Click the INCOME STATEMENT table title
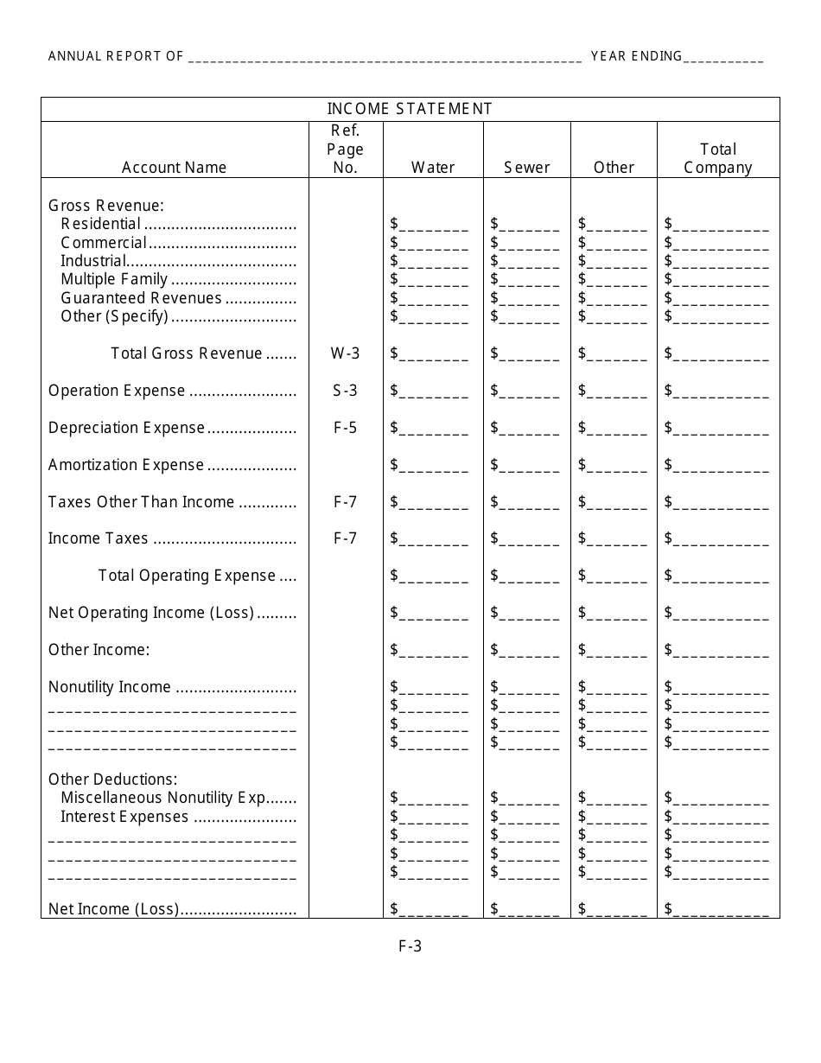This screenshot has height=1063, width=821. click(410, 109)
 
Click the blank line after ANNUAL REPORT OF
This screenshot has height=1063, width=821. click(385, 58)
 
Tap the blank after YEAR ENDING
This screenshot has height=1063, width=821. click(724, 58)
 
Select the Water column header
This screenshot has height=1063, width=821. click(433, 168)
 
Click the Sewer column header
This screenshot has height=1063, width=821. click(527, 168)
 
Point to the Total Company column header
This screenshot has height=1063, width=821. click(718, 158)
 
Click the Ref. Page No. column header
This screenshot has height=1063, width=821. click(345, 150)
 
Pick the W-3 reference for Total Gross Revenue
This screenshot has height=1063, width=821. click(345, 353)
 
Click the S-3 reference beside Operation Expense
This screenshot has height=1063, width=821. click(345, 391)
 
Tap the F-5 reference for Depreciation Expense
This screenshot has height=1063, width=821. click(345, 428)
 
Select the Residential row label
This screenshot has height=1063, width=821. click(100, 224)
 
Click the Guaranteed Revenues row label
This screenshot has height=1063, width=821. click(141, 298)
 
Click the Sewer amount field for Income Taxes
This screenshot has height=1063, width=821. click(529, 539)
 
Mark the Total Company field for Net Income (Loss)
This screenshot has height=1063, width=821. click(721, 909)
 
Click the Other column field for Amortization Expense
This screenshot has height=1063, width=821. click(616, 466)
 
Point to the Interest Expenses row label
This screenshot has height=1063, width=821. click(124, 817)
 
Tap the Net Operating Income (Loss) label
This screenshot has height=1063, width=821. click(151, 614)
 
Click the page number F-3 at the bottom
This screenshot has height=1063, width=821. click(410, 946)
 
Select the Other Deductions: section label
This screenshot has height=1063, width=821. click(112, 780)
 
